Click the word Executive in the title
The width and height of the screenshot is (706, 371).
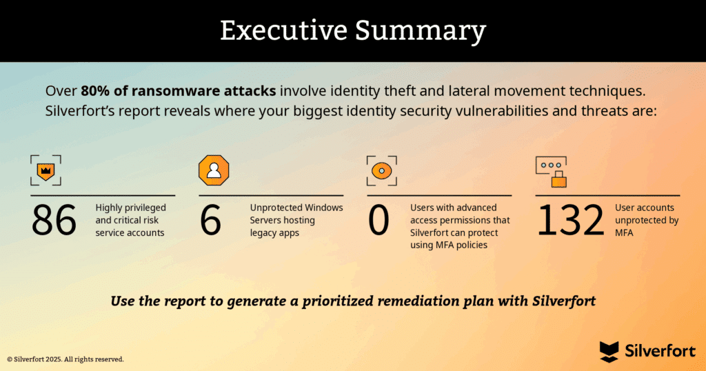283,30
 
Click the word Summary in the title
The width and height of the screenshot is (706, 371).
421,32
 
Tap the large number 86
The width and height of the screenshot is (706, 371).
54,220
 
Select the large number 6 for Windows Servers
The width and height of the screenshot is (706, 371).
211,220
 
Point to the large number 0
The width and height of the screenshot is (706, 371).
379,220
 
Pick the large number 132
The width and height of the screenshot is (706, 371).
570,220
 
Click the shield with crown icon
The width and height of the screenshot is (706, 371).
46,170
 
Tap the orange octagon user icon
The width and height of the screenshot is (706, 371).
214,170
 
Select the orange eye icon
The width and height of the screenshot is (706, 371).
382,170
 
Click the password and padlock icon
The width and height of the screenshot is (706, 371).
551,172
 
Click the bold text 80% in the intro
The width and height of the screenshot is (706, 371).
96,91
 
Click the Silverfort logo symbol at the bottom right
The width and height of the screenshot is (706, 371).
609,352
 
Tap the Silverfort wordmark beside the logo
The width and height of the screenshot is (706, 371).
660,351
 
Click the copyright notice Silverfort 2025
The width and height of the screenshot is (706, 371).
65,359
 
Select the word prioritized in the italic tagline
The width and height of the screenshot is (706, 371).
337,301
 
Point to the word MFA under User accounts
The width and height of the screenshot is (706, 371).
624,233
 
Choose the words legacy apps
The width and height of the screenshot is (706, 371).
274,233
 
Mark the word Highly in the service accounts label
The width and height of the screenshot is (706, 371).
109,208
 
